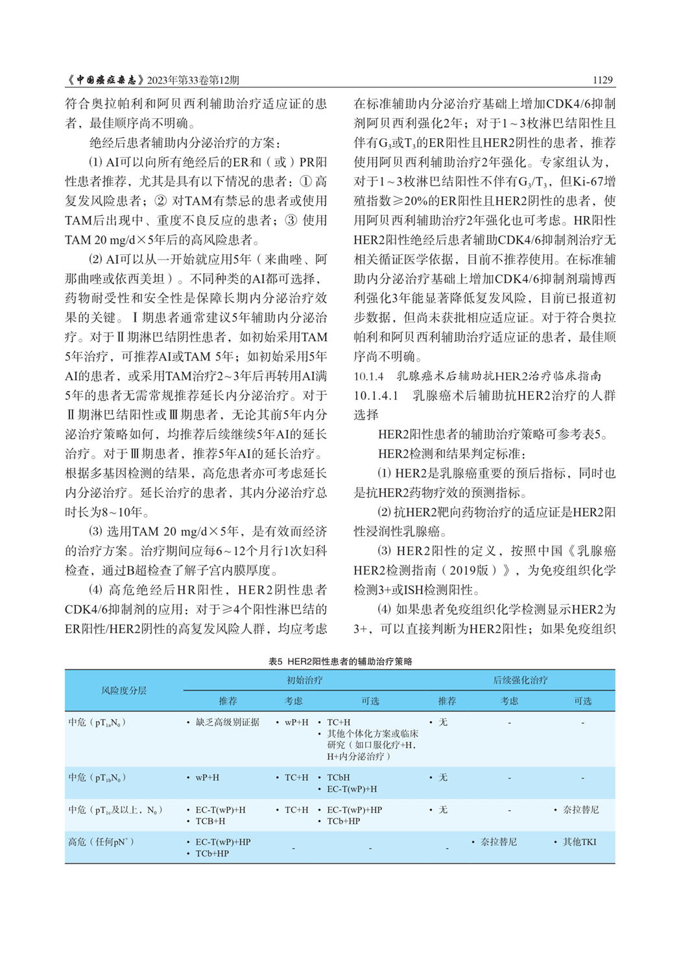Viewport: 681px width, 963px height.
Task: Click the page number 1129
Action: [x=602, y=80]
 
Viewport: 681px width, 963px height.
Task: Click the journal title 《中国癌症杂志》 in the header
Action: [x=105, y=80]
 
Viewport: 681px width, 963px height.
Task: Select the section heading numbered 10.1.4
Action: [x=368, y=376]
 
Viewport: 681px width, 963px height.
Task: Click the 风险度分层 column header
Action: [x=123, y=691]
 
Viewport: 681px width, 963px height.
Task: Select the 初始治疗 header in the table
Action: [x=305, y=680]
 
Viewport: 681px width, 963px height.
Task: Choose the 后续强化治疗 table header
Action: [x=520, y=680]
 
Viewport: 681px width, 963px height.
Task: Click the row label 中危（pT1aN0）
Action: [x=97, y=722]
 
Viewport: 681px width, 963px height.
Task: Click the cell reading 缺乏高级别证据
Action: [x=227, y=722]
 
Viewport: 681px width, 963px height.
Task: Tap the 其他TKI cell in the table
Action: [x=579, y=842]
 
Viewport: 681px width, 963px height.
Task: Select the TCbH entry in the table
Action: [x=338, y=778]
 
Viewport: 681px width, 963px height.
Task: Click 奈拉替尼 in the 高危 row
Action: [x=498, y=842]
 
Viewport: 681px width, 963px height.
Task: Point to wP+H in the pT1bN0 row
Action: [x=207, y=778]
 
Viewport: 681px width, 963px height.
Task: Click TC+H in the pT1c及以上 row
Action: [x=296, y=810]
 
